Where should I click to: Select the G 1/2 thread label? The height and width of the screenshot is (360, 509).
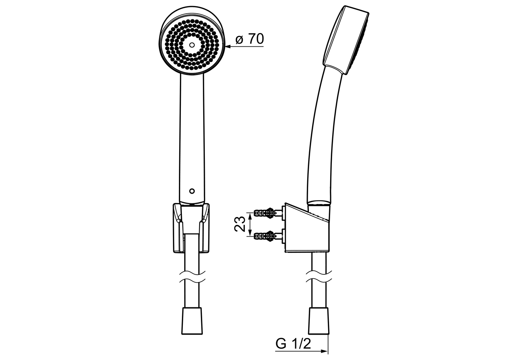coord(293,344)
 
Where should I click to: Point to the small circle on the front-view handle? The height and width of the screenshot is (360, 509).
coord(191,191)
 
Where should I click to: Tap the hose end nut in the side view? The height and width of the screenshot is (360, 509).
coord(319,321)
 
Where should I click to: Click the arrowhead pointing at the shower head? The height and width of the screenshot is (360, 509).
coord(229,47)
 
